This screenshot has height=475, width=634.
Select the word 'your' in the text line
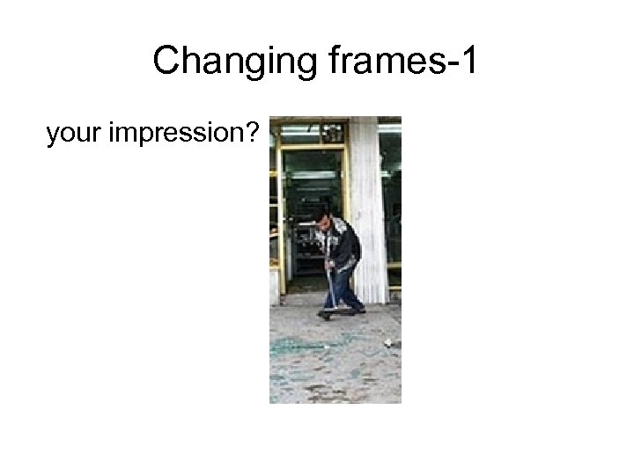[x=72, y=134]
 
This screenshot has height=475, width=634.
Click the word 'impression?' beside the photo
[x=181, y=135]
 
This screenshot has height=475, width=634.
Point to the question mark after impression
[x=253, y=134]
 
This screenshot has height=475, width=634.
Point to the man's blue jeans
[x=343, y=289]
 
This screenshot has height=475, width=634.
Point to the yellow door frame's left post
[x=281, y=220]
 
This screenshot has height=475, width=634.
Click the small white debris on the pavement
[x=387, y=340]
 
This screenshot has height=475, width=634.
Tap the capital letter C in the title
[x=165, y=62]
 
